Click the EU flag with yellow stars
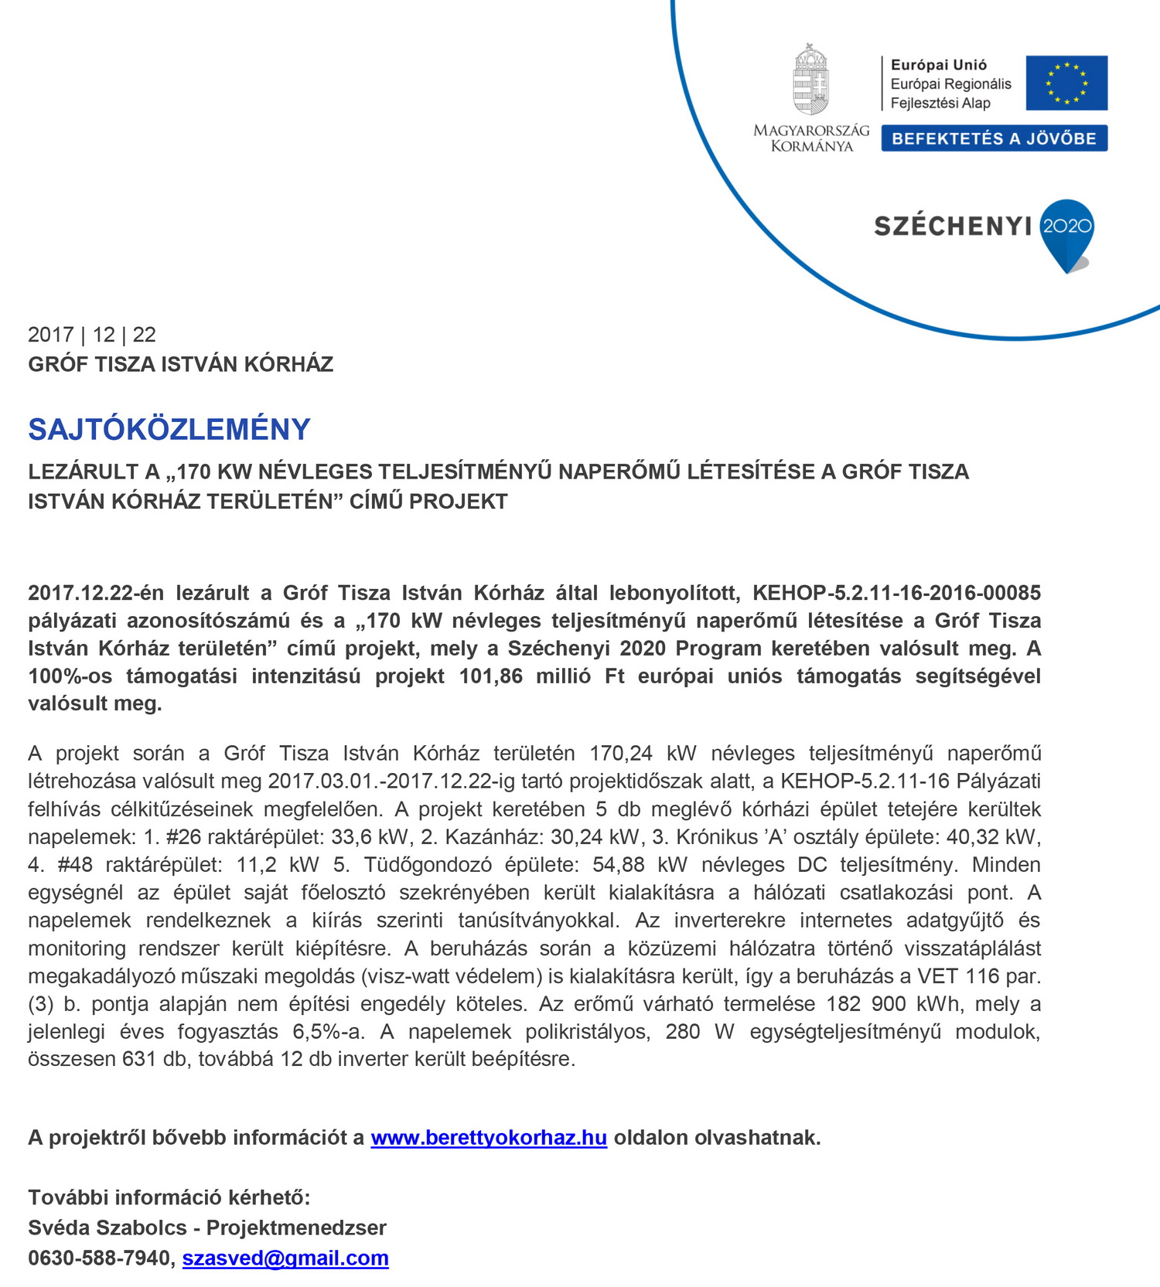[x=1066, y=83]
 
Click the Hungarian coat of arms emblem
[x=810, y=80]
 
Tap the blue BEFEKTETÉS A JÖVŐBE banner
[x=994, y=138]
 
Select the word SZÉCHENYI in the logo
[x=953, y=226]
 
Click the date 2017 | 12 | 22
[x=92, y=335]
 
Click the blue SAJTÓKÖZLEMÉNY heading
[x=169, y=429]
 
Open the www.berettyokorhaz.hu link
[x=488, y=1138]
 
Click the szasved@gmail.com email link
[x=285, y=1258]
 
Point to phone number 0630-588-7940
[x=99, y=1258]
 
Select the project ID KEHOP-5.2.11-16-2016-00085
[x=896, y=593]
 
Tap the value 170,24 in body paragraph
[x=620, y=753]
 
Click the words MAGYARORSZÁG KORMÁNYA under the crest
[x=811, y=138]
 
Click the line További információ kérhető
[x=169, y=1197]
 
